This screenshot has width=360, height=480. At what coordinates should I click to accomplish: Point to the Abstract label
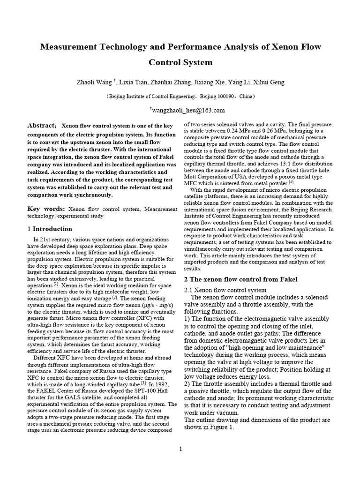pos(42,126)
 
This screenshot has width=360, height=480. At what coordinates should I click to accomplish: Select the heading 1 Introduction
pos(50,229)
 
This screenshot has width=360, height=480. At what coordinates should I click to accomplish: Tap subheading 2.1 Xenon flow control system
pos(225,290)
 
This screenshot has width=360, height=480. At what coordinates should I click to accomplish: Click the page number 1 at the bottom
pos(180,449)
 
